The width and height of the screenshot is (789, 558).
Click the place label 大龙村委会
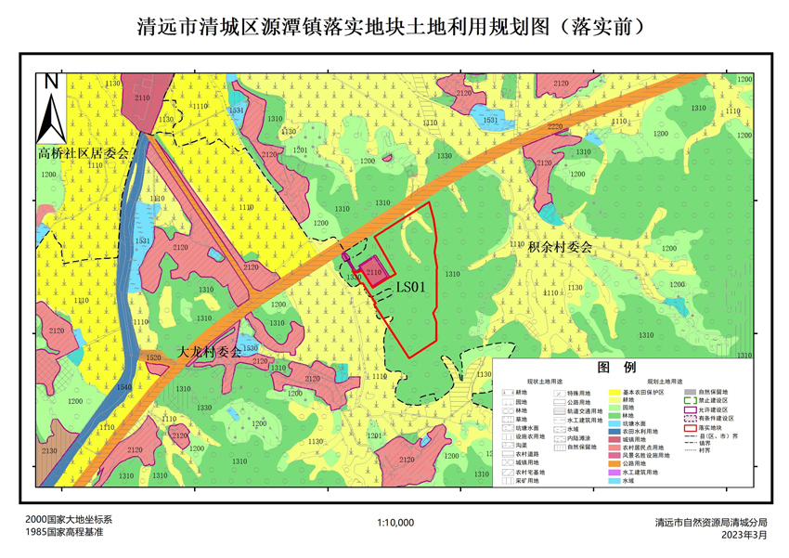pos(209,352)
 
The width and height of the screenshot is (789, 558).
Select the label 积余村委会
pos(560,248)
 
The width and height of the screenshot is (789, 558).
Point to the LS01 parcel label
pos(409,288)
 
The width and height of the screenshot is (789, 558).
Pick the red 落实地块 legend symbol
pos(691,428)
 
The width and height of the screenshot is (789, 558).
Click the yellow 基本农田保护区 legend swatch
pos(614,393)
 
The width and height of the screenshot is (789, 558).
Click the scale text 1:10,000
pos(395,523)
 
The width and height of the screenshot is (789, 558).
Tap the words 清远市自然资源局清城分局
pos(711,523)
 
